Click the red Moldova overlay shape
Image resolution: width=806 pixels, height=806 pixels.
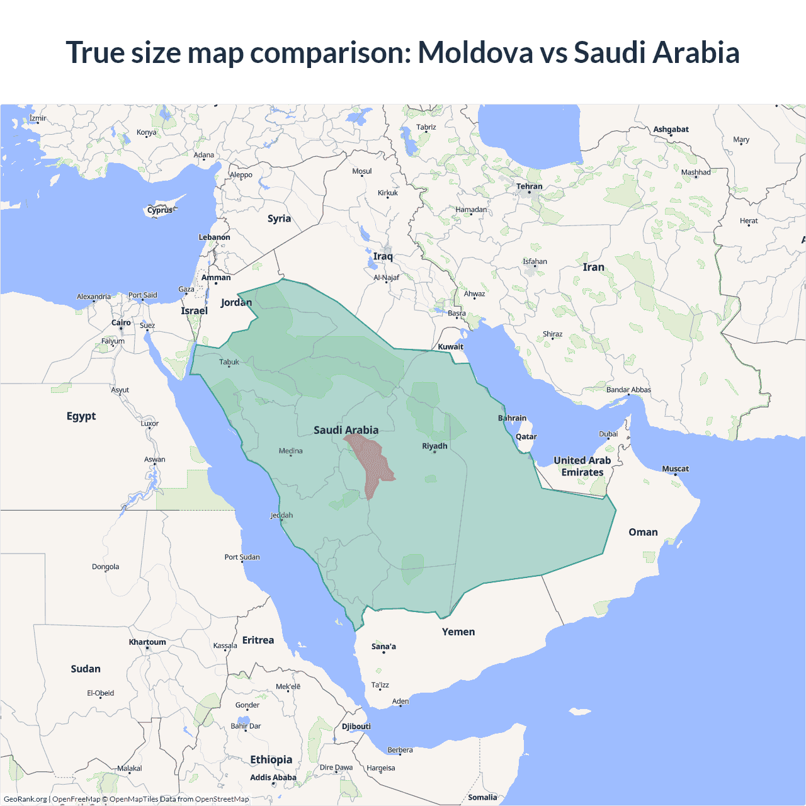(372, 463)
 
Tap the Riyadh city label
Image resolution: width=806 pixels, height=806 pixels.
(434, 446)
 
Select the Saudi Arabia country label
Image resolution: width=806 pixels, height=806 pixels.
(346, 430)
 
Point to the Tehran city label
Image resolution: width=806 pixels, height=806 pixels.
(529, 186)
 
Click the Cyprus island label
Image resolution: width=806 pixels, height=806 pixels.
(160, 210)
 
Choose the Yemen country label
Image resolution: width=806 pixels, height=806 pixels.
(458, 632)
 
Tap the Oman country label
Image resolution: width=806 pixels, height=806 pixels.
(643, 532)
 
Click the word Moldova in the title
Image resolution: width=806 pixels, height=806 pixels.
(475, 52)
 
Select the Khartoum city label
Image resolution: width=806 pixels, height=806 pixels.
(147, 642)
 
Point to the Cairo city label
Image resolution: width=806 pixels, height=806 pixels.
(121, 322)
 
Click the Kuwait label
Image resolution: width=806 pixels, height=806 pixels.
(450, 346)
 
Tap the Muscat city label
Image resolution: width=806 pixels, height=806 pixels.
(675, 468)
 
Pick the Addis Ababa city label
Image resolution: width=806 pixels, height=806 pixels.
(273, 777)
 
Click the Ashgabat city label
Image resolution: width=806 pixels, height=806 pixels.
(671, 129)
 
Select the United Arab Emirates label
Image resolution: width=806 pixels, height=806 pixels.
(582, 466)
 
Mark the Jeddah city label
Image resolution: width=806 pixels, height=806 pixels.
(281, 515)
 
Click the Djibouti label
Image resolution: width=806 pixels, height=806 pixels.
(356, 726)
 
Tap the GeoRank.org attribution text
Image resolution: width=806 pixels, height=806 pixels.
(25, 799)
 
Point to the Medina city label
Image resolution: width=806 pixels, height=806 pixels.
(290, 451)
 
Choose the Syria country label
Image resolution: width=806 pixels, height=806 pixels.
(279, 219)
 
